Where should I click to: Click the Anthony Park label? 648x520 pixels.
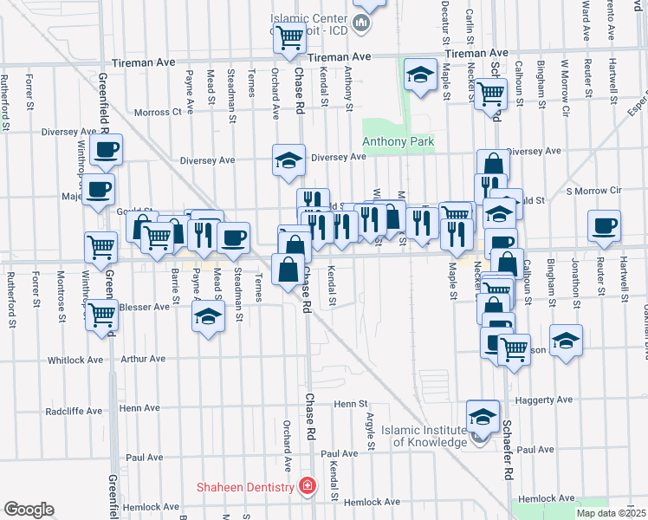click(x=398, y=141)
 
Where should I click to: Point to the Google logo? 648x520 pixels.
click(x=29, y=509)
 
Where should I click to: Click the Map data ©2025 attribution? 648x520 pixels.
click(x=610, y=513)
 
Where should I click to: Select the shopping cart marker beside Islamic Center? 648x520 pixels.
click(x=289, y=36)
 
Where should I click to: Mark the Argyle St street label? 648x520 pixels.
click(x=371, y=437)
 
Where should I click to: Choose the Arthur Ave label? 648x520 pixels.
click(x=143, y=359)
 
